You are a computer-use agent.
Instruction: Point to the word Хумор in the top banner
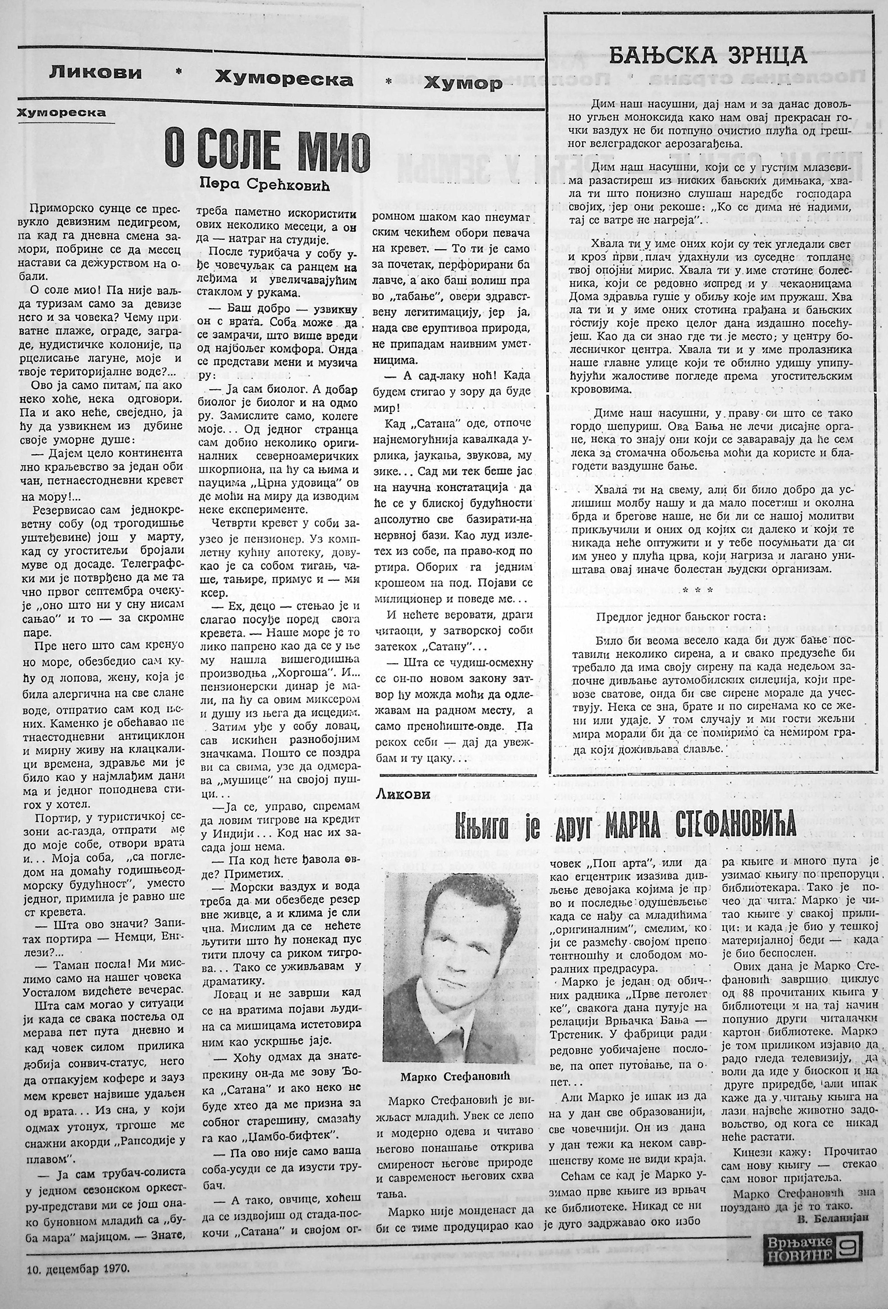pos(463,84)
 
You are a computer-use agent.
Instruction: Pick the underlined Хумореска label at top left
pos(62,112)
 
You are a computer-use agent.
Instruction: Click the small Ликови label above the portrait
pos(403,795)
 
